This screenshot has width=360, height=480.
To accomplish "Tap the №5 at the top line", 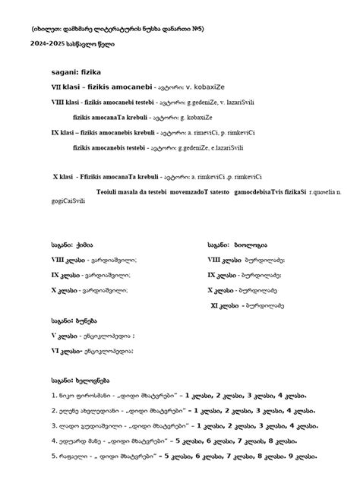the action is pos(196,27).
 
